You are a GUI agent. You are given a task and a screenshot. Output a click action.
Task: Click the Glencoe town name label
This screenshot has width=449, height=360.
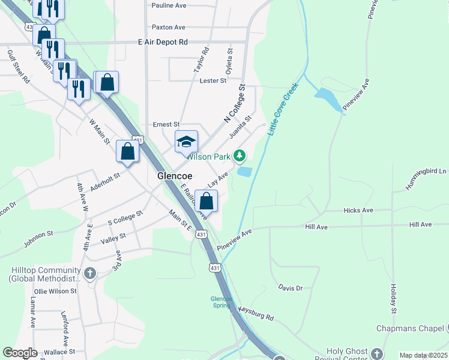tap(174, 176)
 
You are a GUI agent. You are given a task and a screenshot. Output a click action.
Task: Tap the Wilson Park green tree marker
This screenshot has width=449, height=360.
tap(240, 157)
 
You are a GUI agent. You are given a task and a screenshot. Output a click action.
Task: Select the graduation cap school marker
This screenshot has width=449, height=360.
tap(186, 142)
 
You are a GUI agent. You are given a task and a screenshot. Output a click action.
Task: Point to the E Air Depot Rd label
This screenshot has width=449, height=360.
tap(163, 42)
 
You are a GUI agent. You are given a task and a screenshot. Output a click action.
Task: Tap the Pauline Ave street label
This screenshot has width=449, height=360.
tap(169, 5)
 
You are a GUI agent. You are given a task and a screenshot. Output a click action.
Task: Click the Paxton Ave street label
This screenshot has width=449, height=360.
tap(169, 27)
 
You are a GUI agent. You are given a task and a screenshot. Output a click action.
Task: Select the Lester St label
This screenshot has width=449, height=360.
tap(212, 80)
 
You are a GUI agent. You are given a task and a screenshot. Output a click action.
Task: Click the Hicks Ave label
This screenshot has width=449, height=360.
tap(358, 211)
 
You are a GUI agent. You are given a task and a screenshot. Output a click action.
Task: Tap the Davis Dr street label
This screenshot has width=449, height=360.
tap(291, 288)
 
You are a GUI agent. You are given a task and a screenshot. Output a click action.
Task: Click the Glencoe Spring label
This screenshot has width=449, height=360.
tap(221, 302)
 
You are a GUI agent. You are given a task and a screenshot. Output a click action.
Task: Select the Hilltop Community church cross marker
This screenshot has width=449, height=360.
tap(89, 274)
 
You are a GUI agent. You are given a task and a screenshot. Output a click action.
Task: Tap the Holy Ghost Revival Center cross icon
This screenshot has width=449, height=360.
tap(376, 353)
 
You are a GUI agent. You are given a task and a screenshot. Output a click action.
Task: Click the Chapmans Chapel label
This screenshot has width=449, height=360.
tap(410, 328)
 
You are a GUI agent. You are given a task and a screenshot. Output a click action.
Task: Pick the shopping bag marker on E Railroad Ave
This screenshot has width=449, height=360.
tap(206, 201)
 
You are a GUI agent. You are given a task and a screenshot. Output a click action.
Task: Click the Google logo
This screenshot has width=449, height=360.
tap(20, 353)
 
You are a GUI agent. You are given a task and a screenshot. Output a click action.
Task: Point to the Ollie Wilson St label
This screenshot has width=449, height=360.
tap(55, 291)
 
